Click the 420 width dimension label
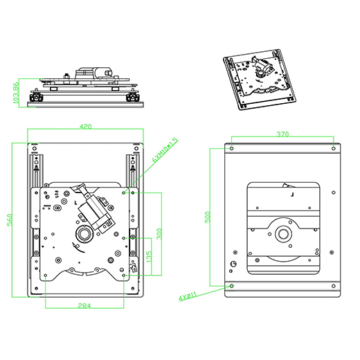pyautogui.click(x=86, y=127)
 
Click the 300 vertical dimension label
pyautogui.click(x=159, y=233)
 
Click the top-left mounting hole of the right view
pyautogui.click(x=231, y=148)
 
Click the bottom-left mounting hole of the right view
pyautogui.click(x=231, y=285)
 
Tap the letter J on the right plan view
pyautogui.click(x=293, y=196)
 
